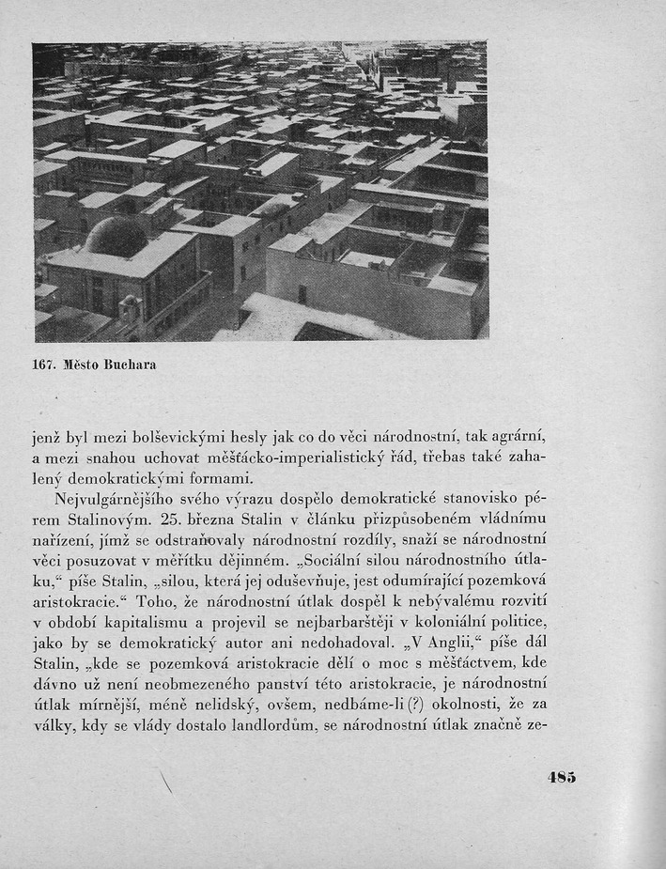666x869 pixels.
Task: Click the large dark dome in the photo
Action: tap(116, 237)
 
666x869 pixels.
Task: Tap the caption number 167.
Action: tap(44, 364)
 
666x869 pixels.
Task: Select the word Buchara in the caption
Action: tap(130, 364)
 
